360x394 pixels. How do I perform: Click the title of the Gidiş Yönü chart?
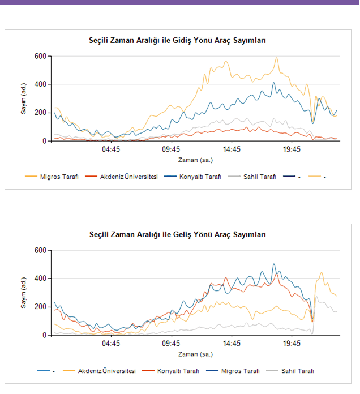[178, 41]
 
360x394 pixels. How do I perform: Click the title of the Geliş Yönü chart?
[178, 234]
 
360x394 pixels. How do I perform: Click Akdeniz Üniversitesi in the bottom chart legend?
[106, 371]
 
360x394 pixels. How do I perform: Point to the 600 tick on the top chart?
[40, 56]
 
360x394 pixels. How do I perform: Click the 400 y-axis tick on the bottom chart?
[40, 279]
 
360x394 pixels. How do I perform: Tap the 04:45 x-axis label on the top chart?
[111, 149]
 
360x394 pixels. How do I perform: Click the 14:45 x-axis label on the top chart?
[232, 149]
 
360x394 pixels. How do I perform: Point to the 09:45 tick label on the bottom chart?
[172, 344]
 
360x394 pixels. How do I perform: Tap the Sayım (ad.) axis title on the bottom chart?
[24, 293]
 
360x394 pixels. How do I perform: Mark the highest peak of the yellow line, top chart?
[277, 58]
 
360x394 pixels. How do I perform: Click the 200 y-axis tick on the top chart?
[40, 113]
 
